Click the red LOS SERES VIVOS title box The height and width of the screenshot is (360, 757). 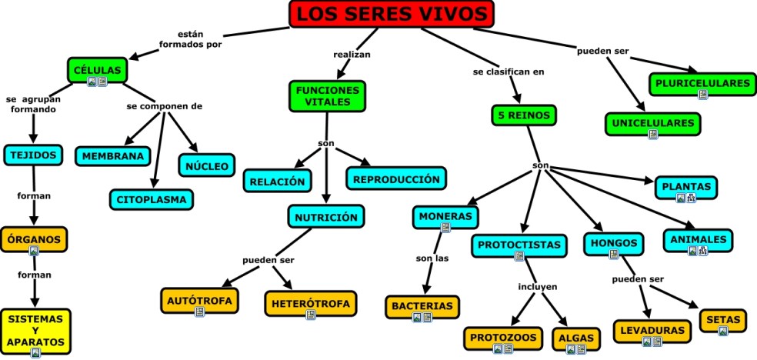[x=392, y=14]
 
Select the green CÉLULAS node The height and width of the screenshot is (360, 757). [x=97, y=71]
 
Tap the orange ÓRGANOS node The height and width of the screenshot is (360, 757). [x=33, y=240]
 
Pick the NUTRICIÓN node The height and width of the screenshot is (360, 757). [x=325, y=217]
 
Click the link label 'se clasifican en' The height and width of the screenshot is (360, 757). [x=509, y=72]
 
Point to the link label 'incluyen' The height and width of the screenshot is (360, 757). [x=537, y=287]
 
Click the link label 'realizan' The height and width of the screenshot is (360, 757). [x=352, y=55]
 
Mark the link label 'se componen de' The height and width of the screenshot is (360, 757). [x=164, y=106]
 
